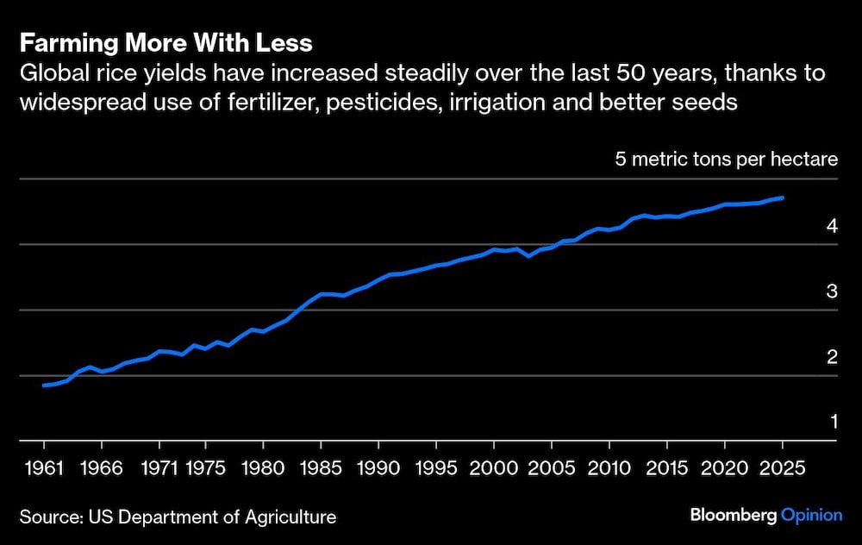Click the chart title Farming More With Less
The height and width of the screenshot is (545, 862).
point(166,43)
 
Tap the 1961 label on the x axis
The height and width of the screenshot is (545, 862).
point(43,468)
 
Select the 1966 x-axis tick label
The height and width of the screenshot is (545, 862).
point(102,468)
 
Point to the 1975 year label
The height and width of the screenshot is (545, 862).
point(207,468)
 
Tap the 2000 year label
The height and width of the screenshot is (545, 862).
point(494,468)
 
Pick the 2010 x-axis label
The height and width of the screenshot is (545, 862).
point(609,468)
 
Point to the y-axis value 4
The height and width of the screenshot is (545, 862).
point(832,226)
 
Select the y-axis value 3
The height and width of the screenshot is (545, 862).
point(832,291)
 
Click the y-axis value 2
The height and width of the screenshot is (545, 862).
point(832,357)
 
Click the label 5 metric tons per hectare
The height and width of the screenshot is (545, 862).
point(726,160)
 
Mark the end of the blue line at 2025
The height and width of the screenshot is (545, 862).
point(782,198)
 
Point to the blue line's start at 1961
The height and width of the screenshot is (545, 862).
point(44,385)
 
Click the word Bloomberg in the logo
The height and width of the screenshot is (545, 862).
point(732,515)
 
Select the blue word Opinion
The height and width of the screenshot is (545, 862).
point(811,515)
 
